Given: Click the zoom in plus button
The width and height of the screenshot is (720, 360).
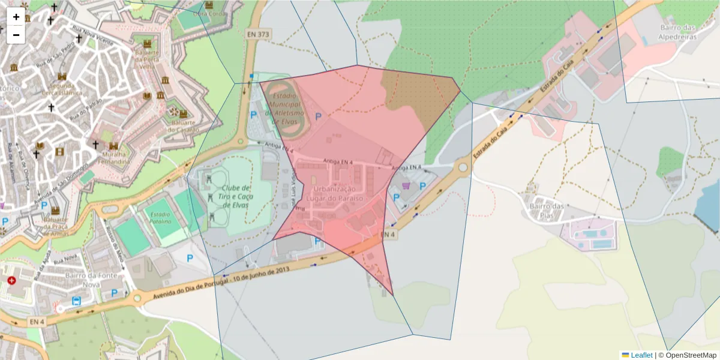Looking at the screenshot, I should [16, 17].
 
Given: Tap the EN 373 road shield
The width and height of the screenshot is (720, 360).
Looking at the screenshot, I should [258, 34].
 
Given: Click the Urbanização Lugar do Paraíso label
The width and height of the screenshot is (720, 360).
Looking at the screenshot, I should [335, 193].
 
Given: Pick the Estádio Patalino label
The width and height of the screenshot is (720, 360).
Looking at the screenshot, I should [160, 218].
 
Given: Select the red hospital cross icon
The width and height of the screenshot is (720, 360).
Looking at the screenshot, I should [11, 280].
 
